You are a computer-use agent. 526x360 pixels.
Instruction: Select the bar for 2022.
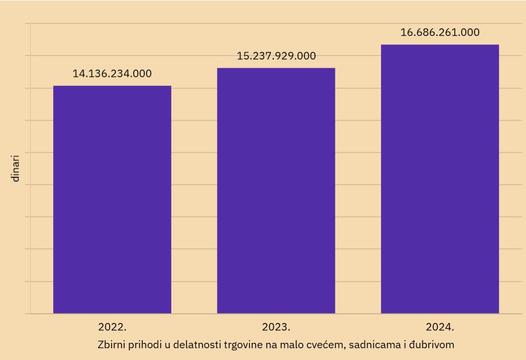[112, 200]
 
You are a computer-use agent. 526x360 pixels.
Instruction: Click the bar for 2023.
[276, 190]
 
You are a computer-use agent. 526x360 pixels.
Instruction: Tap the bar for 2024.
[440, 179]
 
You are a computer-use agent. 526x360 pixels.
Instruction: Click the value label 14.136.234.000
[112, 74]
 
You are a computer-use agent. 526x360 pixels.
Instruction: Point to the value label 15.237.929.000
[276, 56]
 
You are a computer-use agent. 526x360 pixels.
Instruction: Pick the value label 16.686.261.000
[440, 32]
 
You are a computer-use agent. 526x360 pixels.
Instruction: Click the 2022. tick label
[112, 326]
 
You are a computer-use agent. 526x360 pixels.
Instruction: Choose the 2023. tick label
[276, 326]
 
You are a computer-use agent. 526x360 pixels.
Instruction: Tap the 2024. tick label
[440, 326]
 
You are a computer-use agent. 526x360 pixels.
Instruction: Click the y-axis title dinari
[16, 168]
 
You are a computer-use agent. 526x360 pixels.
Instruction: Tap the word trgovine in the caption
[244, 343]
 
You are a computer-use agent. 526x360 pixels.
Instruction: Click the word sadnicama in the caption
[372, 343]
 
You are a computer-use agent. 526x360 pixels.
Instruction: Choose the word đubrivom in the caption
[433, 343]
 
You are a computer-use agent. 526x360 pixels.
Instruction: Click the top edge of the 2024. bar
[440, 45]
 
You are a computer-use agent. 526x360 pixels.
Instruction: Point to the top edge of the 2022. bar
[112, 86]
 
